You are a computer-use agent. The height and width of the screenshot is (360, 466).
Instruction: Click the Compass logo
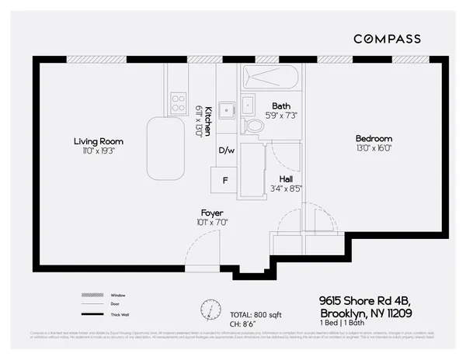click(x=387, y=39)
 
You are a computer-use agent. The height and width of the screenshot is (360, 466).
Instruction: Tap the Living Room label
click(x=99, y=141)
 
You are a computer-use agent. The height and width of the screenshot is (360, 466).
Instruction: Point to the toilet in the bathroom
click(x=253, y=125)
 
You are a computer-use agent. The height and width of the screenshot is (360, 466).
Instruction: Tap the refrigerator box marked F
click(x=225, y=180)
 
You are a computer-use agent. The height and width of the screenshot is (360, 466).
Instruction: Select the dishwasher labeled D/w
click(x=226, y=150)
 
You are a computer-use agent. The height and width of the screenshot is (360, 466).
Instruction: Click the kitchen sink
click(x=226, y=110)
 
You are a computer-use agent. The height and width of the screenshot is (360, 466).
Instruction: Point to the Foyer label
click(x=212, y=213)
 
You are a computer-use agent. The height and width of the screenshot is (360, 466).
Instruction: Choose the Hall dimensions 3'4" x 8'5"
click(x=286, y=187)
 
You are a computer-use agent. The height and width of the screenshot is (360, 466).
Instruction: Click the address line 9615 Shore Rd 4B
click(x=365, y=299)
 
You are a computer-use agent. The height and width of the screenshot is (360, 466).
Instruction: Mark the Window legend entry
click(x=117, y=296)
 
